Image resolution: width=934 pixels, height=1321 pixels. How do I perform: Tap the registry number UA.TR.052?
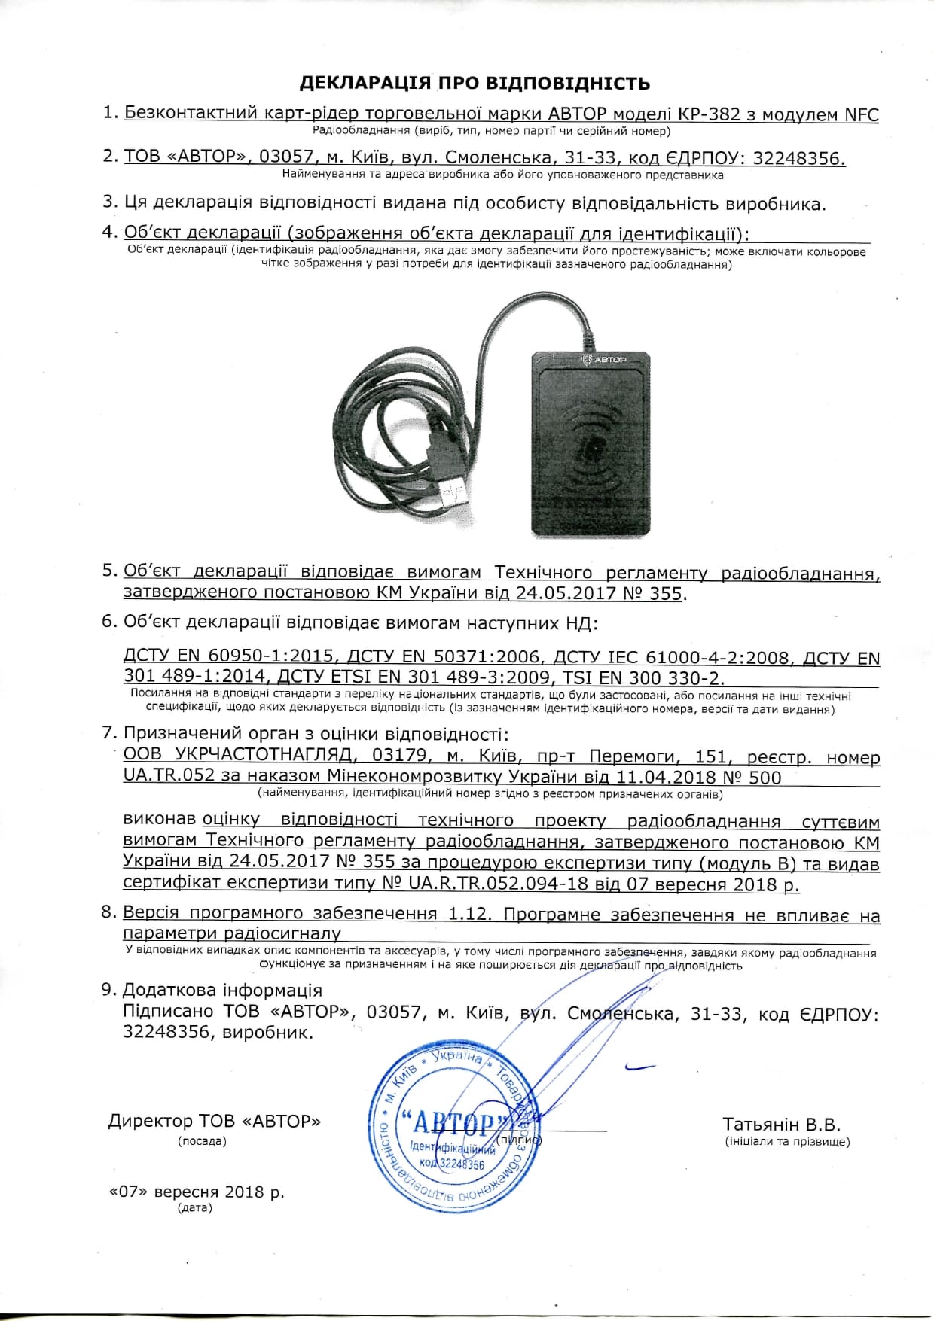169,776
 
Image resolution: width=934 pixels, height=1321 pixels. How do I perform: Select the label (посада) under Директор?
202,1141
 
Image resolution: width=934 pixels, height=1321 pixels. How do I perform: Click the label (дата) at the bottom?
195,1208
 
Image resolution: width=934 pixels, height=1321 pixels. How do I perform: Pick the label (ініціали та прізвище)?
787,1142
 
